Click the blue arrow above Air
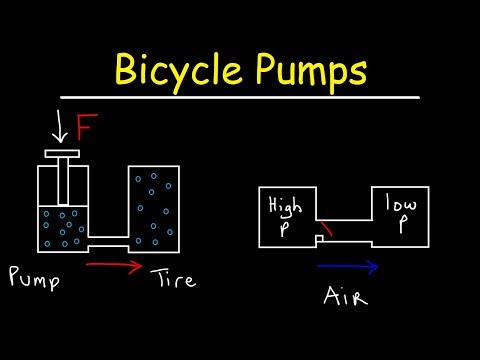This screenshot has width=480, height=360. pyautogui.click(x=347, y=267)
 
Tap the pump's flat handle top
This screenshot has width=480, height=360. pyautogui.click(x=62, y=155)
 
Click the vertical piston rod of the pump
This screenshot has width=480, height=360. pyautogui.click(x=62, y=184)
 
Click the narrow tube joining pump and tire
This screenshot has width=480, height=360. pyautogui.click(x=109, y=243)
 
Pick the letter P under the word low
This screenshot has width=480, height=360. pyautogui.click(x=401, y=225)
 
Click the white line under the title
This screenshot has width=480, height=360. pyautogui.click(x=240, y=98)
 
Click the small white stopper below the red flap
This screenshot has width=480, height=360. pyautogui.click(x=318, y=241)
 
